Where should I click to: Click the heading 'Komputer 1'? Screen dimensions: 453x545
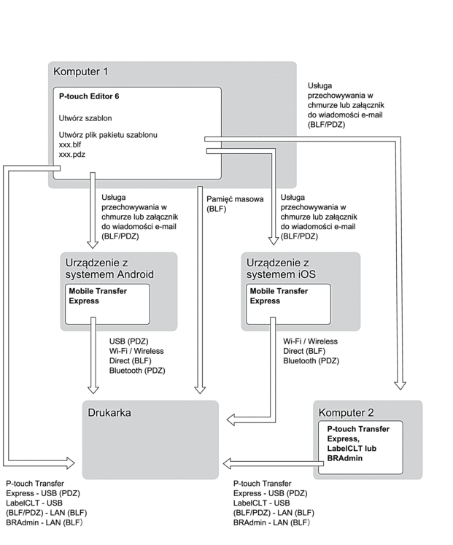coord(80,71)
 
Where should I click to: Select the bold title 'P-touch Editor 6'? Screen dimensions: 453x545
coord(89,96)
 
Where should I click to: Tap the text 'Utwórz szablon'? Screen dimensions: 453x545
coord(85,118)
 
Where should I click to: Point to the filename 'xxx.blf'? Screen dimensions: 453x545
coord(70,144)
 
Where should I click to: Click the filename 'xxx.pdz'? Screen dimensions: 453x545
coord(72,155)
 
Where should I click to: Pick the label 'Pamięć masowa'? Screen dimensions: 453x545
coord(235,199)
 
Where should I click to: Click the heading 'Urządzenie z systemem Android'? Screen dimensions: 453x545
coord(109,268)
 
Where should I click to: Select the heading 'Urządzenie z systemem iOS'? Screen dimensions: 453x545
coord(281,268)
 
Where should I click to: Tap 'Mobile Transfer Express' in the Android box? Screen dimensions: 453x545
coord(98,295)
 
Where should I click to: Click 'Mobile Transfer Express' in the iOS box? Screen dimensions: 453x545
coord(279,295)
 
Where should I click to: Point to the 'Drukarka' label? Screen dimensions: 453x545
coord(109,412)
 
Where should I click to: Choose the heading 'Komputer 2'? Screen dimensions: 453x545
coord(346,412)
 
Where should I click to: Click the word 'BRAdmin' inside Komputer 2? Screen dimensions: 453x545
coord(344,458)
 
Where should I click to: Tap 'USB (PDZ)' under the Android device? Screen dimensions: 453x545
coord(128,341)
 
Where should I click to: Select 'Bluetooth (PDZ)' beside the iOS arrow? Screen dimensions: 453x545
coord(311,361)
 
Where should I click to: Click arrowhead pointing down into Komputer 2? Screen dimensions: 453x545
coord(400,385)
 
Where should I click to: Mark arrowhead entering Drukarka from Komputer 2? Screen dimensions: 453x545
coord(227,464)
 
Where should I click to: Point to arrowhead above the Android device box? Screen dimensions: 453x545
coord(93,244)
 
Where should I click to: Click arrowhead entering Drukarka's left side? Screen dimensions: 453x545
coord(70,463)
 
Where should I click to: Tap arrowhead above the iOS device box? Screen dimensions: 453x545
coord(274,241)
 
